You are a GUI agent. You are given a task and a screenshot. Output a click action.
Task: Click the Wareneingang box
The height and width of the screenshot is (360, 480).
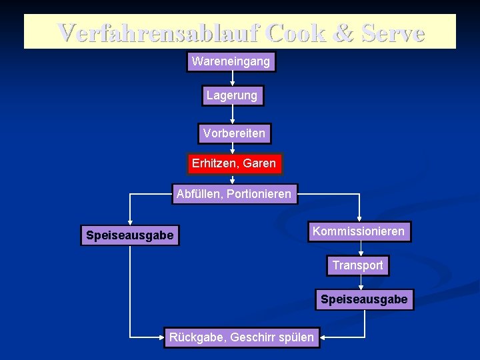(x=231, y=62)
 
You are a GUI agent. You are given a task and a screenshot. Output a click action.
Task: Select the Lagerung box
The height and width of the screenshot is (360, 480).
(x=231, y=96)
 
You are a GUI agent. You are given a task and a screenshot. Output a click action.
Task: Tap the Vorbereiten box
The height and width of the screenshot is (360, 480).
(x=234, y=133)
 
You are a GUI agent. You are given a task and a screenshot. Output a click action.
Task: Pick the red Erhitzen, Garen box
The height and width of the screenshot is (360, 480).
(x=233, y=163)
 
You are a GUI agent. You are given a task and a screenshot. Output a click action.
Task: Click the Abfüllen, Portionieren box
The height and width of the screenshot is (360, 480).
(x=234, y=195)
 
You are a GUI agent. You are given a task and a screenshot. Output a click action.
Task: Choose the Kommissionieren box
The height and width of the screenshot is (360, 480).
(x=359, y=231)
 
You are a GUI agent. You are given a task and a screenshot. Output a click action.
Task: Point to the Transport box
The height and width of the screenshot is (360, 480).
(x=358, y=265)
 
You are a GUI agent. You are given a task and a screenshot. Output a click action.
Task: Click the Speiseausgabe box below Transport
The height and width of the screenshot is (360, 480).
(x=363, y=300)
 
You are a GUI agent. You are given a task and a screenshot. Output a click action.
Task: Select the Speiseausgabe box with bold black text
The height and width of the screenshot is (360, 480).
(x=129, y=235)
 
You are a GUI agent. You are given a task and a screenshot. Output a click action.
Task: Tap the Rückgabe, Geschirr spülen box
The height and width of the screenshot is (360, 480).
(x=241, y=337)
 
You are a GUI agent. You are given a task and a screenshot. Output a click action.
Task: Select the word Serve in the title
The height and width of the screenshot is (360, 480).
(x=393, y=33)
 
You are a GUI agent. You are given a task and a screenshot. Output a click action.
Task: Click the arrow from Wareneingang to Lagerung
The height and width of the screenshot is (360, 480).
(x=231, y=79)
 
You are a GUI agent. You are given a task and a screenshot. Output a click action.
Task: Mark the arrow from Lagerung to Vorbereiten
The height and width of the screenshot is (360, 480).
(x=231, y=115)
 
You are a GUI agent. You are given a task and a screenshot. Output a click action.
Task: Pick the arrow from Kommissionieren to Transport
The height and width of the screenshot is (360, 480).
(x=361, y=249)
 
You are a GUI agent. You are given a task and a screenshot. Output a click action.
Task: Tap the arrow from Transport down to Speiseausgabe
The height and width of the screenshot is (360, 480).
(x=361, y=283)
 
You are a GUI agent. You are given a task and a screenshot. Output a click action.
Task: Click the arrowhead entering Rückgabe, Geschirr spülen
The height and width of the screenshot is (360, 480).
(x=161, y=337)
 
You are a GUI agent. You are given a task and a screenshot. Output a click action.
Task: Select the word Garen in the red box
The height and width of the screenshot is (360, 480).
(x=259, y=163)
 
